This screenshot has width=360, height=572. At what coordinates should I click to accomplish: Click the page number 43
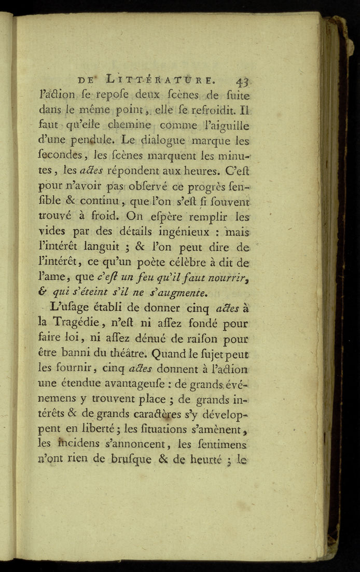[242, 81]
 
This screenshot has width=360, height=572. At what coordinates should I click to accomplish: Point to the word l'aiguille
[226, 126]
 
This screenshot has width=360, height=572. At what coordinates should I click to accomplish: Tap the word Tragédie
[72, 323]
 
